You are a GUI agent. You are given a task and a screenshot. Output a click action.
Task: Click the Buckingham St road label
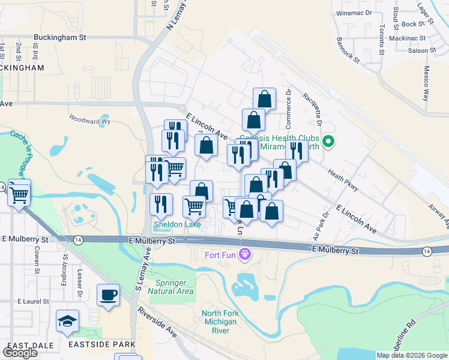click(59, 37)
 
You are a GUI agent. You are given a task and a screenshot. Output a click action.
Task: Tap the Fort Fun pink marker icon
click(244, 255)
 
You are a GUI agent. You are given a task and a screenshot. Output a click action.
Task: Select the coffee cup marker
click(109, 295)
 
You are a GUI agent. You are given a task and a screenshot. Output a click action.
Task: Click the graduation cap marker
click(68, 322)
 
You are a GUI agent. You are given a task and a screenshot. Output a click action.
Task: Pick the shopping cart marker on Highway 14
click(20, 193)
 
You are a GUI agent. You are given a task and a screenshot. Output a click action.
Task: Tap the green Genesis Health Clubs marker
click(328, 142)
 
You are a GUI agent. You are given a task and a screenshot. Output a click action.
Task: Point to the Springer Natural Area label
click(175, 287)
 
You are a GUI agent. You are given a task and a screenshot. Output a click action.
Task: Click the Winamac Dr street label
click(354, 13)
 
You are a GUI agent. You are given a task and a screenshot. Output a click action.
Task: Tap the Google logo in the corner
click(20, 352)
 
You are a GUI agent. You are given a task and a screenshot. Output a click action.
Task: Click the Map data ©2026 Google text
click(411, 355)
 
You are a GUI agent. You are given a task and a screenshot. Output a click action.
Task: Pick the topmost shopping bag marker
click(264, 98)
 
